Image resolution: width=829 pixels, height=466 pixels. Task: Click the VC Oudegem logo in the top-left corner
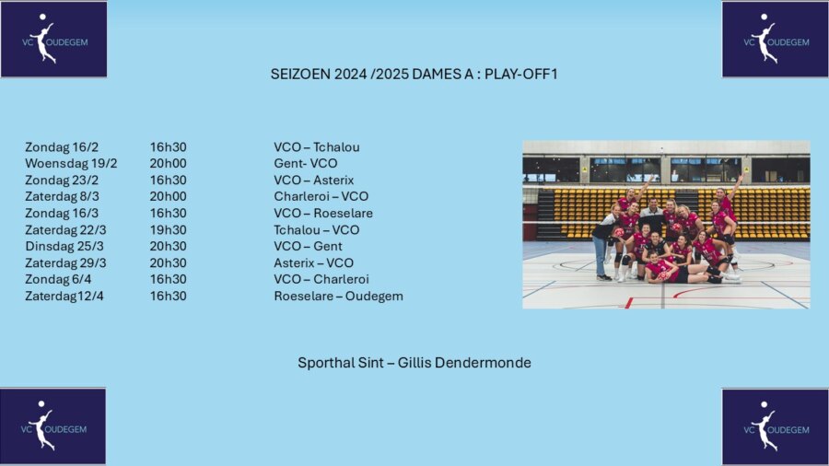click(54, 39)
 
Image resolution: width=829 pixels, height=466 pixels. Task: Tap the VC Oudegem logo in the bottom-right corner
click(775, 427)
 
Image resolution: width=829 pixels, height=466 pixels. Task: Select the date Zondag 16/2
click(62, 146)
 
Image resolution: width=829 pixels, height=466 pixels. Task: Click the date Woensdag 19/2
click(71, 163)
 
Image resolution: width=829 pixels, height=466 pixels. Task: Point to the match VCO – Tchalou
click(317, 146)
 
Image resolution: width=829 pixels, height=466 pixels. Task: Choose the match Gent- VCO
click(306, 163)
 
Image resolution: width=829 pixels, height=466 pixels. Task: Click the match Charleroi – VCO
click(321, 196)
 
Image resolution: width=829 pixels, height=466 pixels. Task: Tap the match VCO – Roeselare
click(323, 213)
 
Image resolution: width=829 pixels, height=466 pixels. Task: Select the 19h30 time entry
click(169, 230)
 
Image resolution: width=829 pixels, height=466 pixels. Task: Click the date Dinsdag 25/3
click(64, 246)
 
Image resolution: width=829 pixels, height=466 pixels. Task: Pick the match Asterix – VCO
click(313, 262)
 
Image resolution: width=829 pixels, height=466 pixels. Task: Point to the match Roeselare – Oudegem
click(338, 296)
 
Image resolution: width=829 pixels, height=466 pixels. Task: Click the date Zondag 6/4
click(58, 279)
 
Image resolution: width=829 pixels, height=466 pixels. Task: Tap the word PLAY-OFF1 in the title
click(520, 74)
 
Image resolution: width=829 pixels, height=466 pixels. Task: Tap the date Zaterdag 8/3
click(62, 196)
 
